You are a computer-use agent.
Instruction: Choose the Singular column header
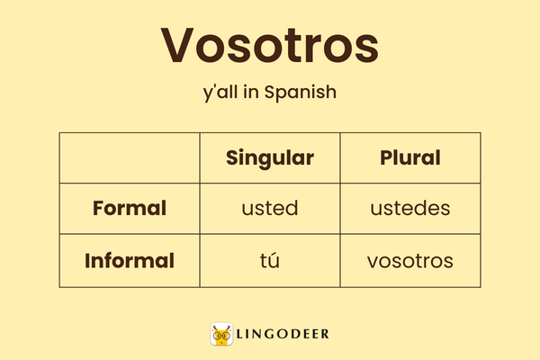[x=269, y=158]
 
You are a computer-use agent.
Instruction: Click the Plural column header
[x=409, y=158]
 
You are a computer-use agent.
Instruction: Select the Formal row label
[x=130, y=209]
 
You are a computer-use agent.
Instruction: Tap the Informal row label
[x=130, y=261]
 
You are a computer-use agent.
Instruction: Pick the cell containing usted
[x=269, y=209]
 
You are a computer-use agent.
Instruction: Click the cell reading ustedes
[x=409, y=209]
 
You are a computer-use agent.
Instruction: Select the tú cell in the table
[x=269, y=261]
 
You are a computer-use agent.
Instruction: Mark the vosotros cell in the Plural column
[x=409, y=261]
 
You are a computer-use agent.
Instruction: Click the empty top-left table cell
[x=130, y=158]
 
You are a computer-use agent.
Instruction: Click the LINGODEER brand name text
[x=284, y=335]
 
